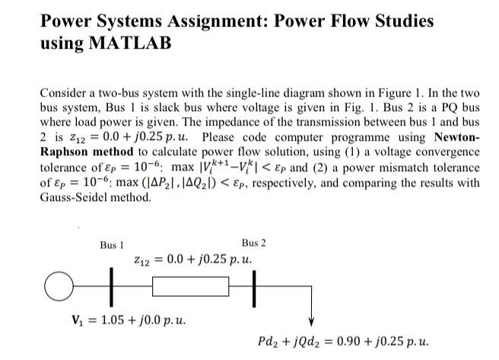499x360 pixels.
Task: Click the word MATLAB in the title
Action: pos(132,43)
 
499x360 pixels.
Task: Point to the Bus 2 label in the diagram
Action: pos(254,243)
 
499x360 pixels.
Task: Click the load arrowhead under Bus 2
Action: pos(310,320)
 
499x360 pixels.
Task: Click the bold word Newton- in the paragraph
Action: pos(455,138)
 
